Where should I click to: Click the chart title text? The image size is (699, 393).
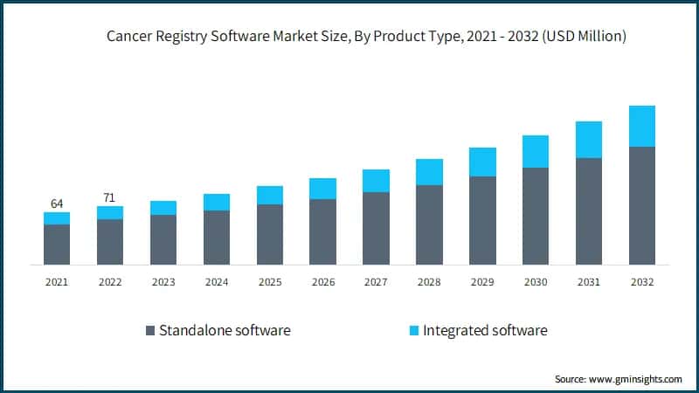[367, 37]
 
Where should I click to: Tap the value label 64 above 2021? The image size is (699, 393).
[57, 203]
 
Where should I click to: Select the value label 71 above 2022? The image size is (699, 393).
[110, 197]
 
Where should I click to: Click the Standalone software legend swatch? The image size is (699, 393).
[150, 331]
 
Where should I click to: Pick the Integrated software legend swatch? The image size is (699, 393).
[413, 331]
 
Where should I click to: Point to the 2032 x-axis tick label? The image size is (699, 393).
[642, 282]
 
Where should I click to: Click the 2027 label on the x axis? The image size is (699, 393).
[376, 282]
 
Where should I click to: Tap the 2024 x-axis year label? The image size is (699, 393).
[217, 282]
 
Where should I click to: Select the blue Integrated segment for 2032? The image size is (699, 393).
[642, 126]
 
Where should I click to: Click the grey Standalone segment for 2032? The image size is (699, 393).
[642, 205]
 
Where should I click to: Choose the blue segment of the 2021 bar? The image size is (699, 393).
[57, 218]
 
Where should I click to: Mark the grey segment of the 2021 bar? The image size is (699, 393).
[57, 245]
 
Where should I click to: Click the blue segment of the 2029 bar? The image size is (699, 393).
[482, 162]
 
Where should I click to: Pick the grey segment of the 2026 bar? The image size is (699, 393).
[322, 231]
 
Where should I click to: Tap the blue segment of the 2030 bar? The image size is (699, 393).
[536, 151]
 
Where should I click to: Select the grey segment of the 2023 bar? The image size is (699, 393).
[163, 239]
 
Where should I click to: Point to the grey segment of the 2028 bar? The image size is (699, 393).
[429, 224]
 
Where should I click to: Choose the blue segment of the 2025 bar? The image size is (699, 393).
[270, 195]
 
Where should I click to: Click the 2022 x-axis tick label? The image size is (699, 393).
[110, 282]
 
